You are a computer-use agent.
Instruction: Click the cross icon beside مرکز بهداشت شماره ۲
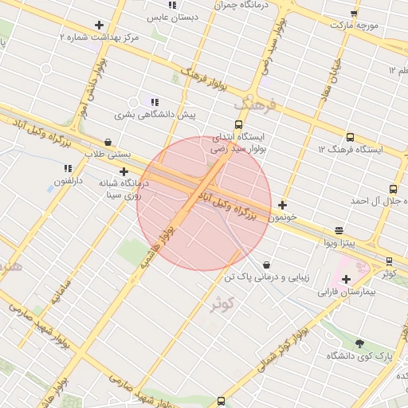[99, 25]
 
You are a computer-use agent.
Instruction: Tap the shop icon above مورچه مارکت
[354, 13]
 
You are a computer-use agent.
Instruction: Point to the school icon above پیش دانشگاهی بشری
[154, 102]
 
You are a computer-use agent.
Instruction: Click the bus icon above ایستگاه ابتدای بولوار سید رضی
[238, 124]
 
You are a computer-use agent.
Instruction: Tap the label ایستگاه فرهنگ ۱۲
[351, 149]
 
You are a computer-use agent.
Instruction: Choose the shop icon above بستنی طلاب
[108, 142]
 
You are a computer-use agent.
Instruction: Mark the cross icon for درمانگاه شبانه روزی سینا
[124, 171]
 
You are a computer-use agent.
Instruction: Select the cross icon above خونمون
[282, 205]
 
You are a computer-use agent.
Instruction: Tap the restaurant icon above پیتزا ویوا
[340, 229]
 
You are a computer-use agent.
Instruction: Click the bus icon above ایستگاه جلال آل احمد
[393, 189]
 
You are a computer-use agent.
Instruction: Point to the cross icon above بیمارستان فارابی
[346, 279]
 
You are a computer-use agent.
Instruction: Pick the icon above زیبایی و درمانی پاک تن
[265, 265]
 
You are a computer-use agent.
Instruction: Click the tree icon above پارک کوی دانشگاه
[359, 343]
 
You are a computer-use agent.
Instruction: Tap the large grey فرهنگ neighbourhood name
[254, 104]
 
